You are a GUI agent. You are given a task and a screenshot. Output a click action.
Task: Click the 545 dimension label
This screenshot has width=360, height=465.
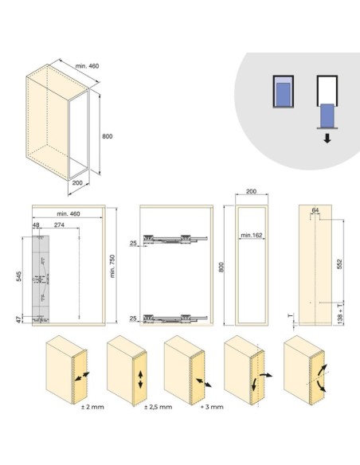tap(18, 276)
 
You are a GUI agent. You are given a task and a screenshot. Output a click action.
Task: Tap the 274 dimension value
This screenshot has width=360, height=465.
tap(59, 225)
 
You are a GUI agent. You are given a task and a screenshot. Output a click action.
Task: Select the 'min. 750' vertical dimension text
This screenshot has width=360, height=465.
tap(112, 266)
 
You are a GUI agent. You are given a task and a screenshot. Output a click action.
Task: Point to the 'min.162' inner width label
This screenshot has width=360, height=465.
tap(252, 235)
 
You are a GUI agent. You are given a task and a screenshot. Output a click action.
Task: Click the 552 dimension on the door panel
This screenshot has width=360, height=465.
tap(339, 264)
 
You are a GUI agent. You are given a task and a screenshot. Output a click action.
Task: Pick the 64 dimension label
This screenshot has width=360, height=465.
tap(315, 210)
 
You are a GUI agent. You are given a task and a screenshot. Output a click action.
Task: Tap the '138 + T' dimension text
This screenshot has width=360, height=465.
tap(340, 312)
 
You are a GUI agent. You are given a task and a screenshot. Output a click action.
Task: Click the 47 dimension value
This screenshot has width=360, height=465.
tap(18, 320)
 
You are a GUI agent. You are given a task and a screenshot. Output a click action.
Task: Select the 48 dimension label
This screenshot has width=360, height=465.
tap(36, 225)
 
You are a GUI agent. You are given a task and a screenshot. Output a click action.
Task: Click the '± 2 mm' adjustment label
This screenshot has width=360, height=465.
tap(92, 407)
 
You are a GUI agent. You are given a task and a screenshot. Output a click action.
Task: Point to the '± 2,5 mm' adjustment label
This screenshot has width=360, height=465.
tap(158, 407)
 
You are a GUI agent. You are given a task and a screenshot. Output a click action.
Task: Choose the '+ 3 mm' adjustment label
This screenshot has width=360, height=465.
tap(212, 407)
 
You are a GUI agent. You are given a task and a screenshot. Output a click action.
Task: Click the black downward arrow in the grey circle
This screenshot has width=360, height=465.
tap(327, 139)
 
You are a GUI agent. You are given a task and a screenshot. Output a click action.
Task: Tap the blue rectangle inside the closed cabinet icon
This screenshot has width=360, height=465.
tap(284, 94)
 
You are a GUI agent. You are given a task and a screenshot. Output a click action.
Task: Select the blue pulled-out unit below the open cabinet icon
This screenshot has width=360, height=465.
tap(327, 115)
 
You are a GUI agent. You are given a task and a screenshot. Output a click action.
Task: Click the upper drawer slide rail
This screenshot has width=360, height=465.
tap(175, 239)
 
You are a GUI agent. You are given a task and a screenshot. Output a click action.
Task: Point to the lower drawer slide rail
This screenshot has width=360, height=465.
tap(175, 318)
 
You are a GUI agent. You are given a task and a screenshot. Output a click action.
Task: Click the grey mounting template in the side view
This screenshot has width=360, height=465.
tap(41, 279)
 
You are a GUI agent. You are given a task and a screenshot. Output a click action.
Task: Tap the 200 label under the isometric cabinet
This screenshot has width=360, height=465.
tap(77, 182)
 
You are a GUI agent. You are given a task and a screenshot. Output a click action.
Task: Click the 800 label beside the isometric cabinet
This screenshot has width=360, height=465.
tap(108, 136)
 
